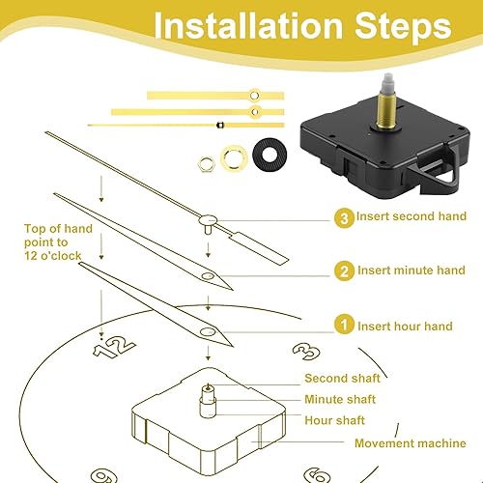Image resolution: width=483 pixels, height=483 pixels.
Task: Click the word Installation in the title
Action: click(248, 25)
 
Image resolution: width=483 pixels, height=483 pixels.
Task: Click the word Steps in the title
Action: click(403, 26)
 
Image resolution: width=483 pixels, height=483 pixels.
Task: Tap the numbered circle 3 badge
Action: click(344, 218)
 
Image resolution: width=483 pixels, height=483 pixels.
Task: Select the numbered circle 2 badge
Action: click(344, 270)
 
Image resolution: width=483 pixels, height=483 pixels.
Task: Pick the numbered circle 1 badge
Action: click(344, 325)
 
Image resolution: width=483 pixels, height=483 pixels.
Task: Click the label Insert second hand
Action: click(412, 216)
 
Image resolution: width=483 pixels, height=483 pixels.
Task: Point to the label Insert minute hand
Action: click(412, 270)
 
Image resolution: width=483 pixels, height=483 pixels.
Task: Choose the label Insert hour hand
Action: click(405, 326)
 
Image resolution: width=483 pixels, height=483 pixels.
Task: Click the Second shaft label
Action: click(342, 378)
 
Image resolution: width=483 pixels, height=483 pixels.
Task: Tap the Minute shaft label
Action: click(340, 399)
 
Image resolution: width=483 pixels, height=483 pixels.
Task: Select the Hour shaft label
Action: click(334, 420)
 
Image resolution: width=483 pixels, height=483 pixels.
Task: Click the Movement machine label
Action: click(411, 443)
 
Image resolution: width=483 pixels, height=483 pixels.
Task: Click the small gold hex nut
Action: click(206, 164)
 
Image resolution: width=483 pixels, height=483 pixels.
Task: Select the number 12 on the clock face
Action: click(114, 346)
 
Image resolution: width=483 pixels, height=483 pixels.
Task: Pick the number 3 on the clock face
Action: click(306, 352)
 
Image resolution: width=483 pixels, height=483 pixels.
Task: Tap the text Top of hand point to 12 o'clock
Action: click(58, 242)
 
